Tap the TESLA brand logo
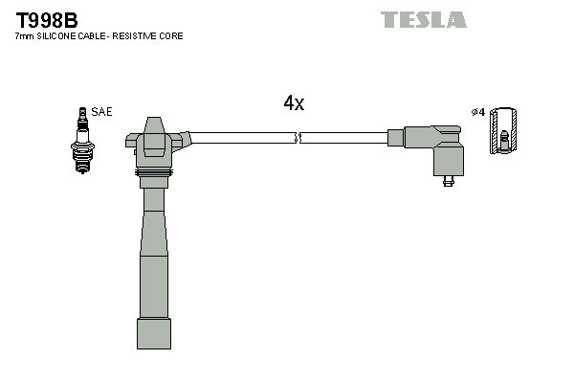pyautogui.click(x=423, y=20)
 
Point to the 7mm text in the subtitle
pyautogui.click(x=25, y=36)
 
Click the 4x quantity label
pyautogui.click(x=294, y=103)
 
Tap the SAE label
pyautogui.click(x=101, y=112)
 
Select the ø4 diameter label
pyautogui.click(x=478, y=112)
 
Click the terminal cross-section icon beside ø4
pyautogui.click(x=503, y=131)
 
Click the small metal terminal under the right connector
pyautogui.click(x=448, y=179)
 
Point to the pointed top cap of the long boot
pyautogui.click(x=153, y=127)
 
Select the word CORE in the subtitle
pyautogui.click(x=171, y=36)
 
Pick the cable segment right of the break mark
pyautogui.click(x=344, y=138)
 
